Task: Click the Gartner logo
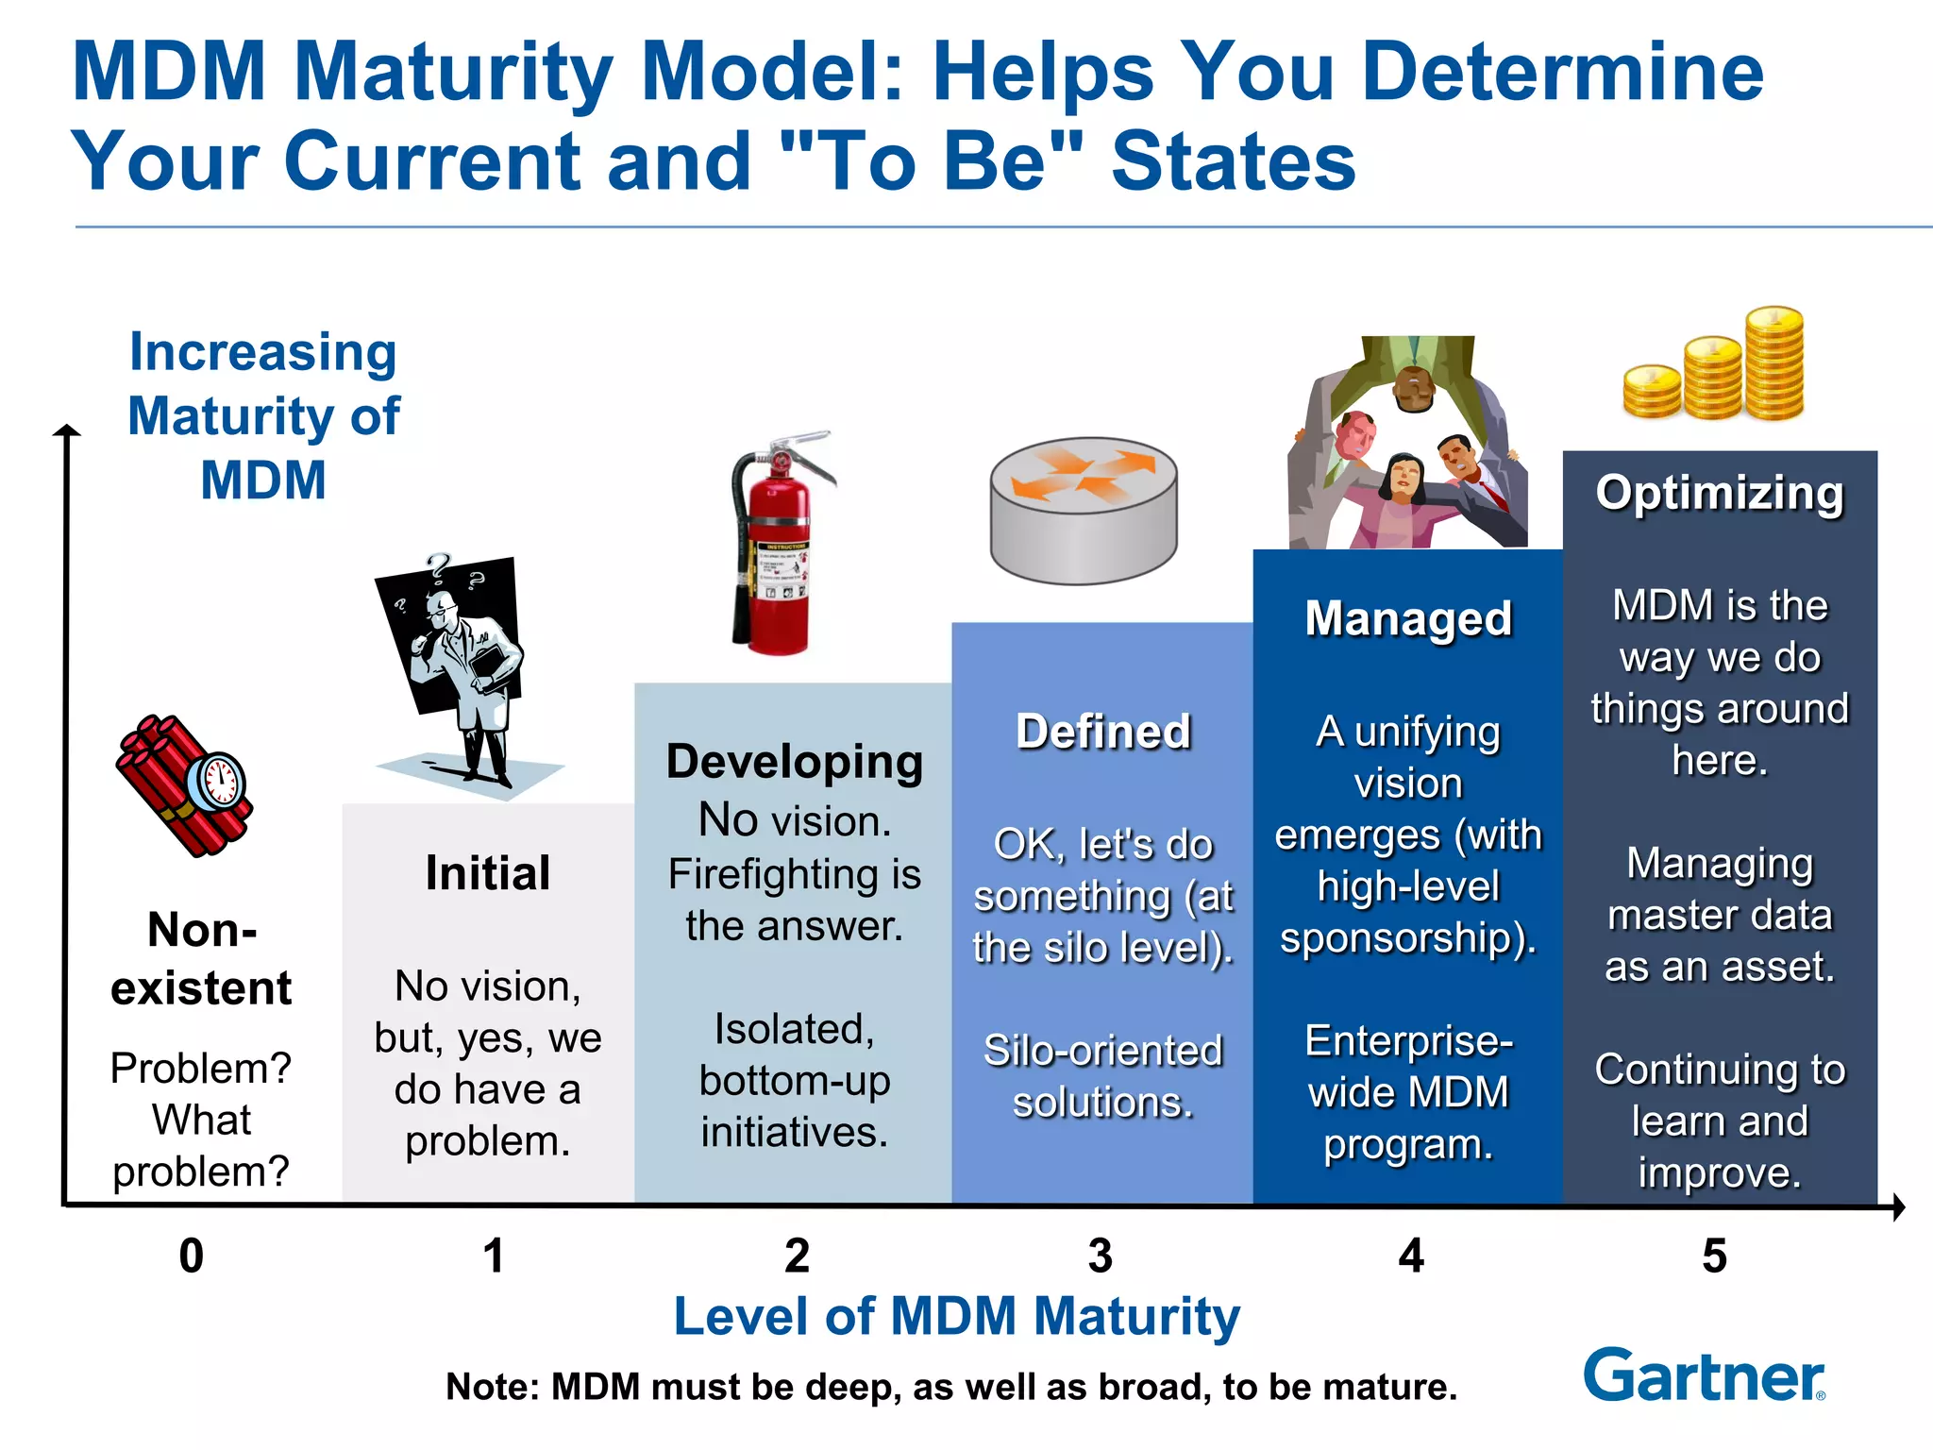click(1704, 1376)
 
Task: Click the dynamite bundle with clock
click(184, 786)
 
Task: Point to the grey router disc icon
click(1084, 510)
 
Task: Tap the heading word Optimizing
click(1720, 494)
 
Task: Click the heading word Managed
click(1408, 619)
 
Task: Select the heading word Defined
click(1102, 732)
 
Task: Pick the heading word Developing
click(794, 762)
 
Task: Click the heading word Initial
click(487, 873)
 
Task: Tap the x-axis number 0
click(192, 1256)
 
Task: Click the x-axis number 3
click(1100, 1256)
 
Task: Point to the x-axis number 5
click(1714, 1256)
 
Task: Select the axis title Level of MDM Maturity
click(956, 1316)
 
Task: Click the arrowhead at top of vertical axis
click(66, 431)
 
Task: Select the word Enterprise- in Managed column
click(1408, 1041)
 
